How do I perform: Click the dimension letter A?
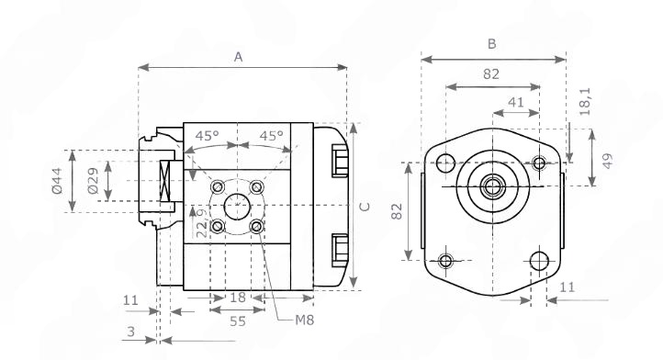click(239, 57)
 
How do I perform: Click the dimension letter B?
click(491, 44)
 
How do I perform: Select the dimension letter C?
click(365, 207)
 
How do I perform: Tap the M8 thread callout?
click(305, 321)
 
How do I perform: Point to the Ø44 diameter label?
click(57, 181)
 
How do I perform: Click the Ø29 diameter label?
click(93, 181)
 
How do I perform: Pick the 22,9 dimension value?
click(203, 223)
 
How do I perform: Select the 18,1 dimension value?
click(585, 102)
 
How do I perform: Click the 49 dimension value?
click(607, 162)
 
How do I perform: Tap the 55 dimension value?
click(238, 321)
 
